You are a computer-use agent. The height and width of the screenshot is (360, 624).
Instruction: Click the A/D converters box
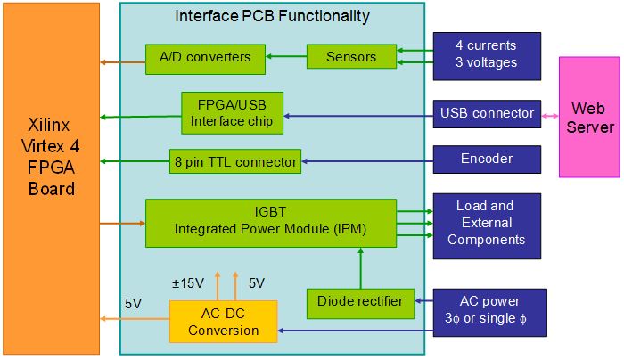click(205, 60)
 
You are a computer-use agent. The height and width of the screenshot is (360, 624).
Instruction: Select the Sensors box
click(351, 56)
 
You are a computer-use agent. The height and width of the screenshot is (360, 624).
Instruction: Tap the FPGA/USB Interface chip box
click(232, 113)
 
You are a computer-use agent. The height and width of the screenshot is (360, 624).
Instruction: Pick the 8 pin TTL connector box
click(235, 161)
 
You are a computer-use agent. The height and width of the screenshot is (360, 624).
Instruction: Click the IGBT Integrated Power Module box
click(271, 223)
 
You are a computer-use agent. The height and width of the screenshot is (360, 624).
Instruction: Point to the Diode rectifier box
click(360, 304)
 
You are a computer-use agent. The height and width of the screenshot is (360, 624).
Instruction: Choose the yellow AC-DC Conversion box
click(223, 322)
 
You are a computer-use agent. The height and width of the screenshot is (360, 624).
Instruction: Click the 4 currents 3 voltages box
click(487, 56)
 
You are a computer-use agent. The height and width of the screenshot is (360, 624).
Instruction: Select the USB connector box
click(487, 114)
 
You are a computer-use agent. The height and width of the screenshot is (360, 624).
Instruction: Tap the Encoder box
click(487, 160)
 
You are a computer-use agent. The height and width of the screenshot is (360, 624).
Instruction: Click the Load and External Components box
click(487, 226)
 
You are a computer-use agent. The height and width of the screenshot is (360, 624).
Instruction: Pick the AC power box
click(490, 313)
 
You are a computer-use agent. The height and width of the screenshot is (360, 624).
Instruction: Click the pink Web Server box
click(589, 117)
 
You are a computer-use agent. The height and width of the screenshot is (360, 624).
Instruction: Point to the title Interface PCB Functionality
click(272, 16)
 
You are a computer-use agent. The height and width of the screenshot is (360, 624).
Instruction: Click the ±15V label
click(188, 283)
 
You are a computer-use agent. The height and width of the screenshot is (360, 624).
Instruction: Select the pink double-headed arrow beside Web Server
click(550, 116)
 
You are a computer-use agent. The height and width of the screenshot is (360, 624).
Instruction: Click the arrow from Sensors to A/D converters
click(286, 56)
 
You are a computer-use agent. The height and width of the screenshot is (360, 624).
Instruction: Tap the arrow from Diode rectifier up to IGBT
click(361, 268)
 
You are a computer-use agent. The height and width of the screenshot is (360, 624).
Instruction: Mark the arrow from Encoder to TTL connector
click(367, 161)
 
